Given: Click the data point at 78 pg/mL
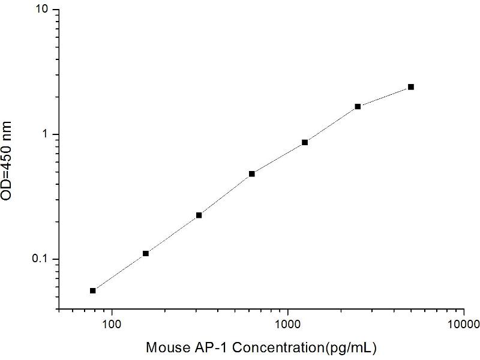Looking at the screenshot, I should [x=93, y=290].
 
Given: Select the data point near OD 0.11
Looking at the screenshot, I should [x=146, y=253].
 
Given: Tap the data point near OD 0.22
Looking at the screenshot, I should [x=199, y=215].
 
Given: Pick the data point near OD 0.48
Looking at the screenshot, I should [x=252, y=173].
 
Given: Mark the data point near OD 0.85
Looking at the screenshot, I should [x=305, y=142].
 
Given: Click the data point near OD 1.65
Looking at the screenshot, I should [x=358, y=106].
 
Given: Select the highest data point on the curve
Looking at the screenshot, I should [x=411, y=87].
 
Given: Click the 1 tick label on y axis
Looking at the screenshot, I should [x=48, y=134].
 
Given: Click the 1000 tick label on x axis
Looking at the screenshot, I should [x=288, y=324].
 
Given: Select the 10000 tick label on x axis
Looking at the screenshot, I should [x=464, y=324].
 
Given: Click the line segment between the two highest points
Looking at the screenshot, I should [x=385, y=97].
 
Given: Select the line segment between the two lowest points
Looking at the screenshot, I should [x=119, y=272].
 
